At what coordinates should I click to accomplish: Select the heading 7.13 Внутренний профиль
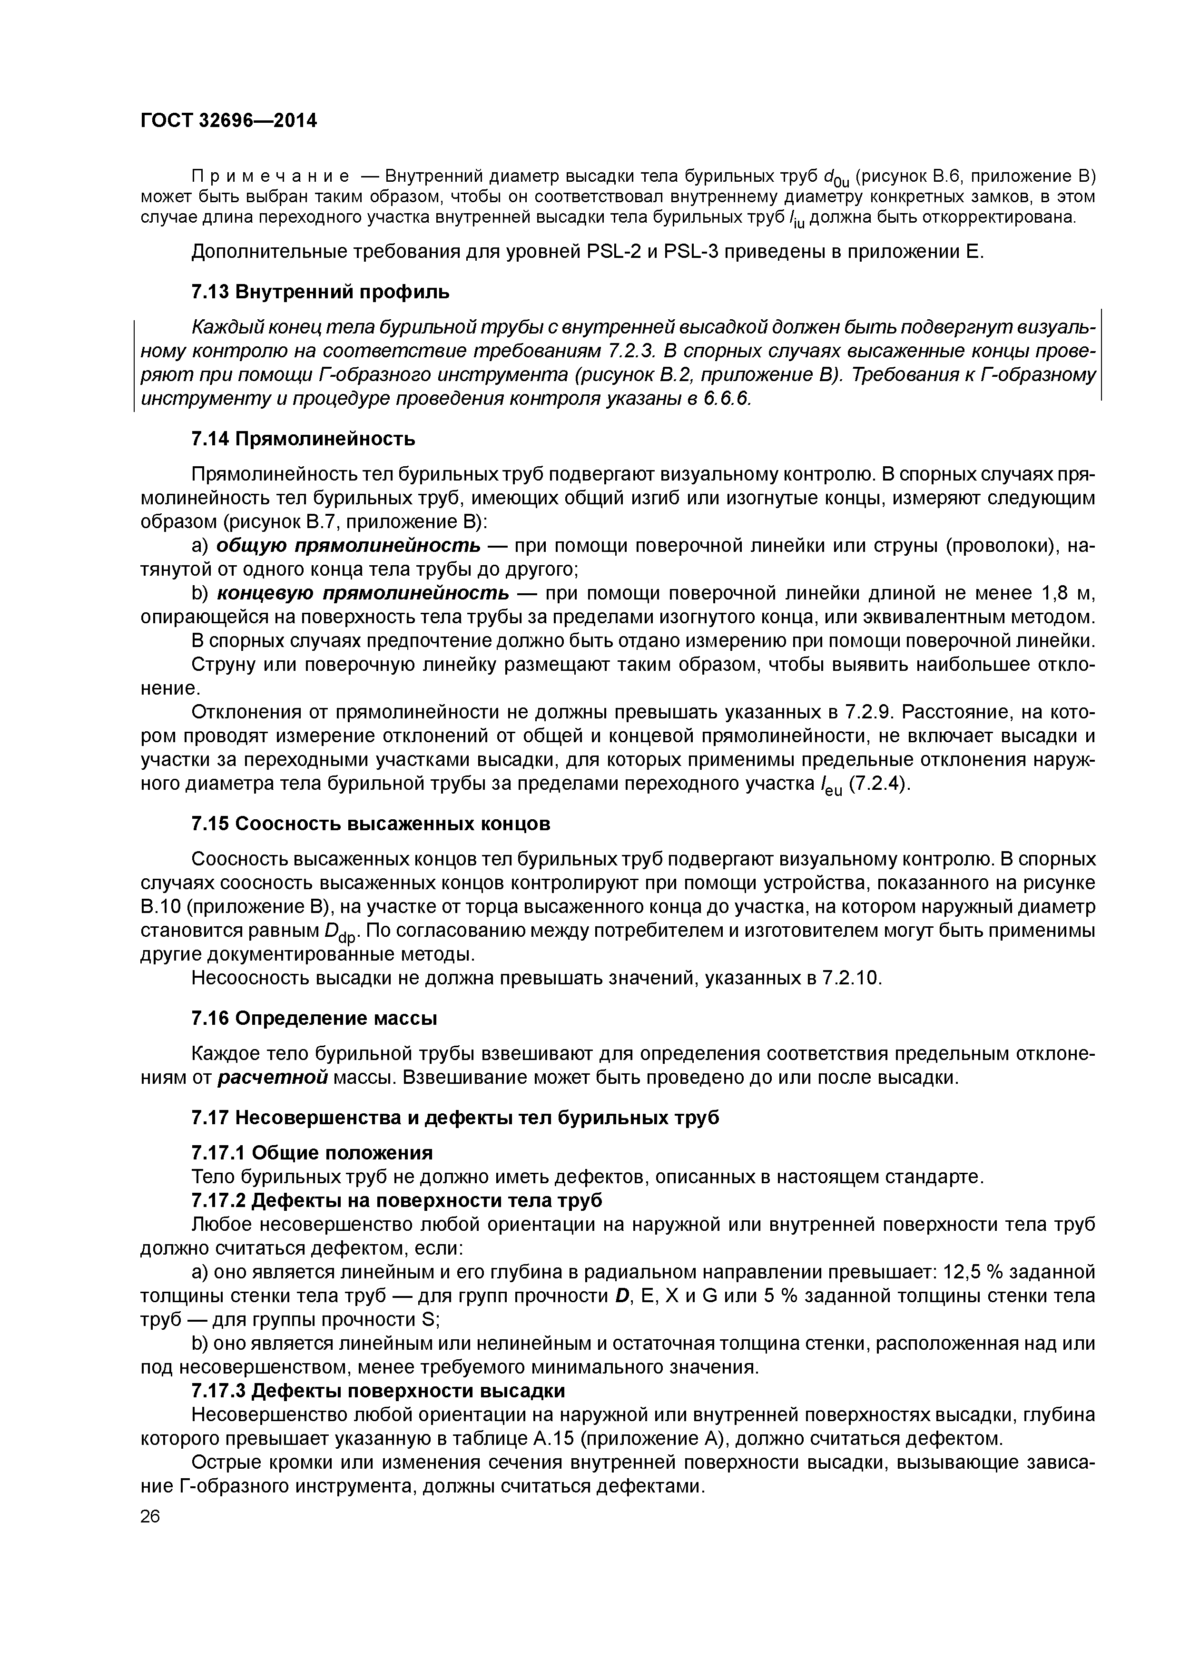(x=320, y=292)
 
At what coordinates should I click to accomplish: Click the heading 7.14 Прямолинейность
(x=303, y=439)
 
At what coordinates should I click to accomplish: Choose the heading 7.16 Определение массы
(x=314, y=1019)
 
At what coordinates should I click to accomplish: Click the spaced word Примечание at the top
(x=270, y=177)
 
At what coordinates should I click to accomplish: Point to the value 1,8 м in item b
(x=1068, y=593)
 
